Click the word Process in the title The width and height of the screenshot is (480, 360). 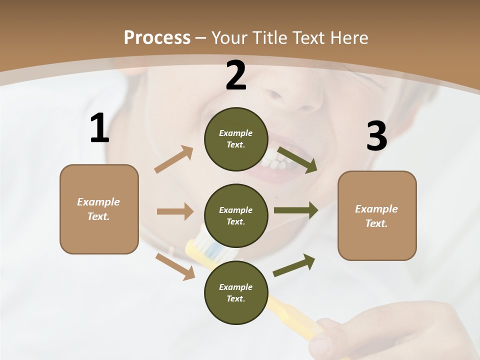pos(157,37)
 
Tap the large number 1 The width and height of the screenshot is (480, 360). pos(99,128)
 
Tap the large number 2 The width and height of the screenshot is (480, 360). pos(236,75)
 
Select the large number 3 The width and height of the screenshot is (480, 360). pos(376,136)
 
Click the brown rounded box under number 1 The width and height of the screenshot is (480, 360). pos(99,209)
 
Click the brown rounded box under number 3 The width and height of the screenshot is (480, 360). pos(377,215)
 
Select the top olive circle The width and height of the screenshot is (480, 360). pos(236,139)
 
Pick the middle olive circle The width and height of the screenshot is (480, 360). pos(236,215)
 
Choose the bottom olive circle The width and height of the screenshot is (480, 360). pos(236,292)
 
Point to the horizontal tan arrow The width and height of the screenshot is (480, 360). pos(175,211)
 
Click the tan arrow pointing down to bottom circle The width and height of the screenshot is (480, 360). pos(175,266)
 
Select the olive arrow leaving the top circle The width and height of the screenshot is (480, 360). pos(297,160)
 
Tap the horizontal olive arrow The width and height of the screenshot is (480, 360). pos(296,210)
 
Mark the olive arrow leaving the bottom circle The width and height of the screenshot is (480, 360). pos(294,265)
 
